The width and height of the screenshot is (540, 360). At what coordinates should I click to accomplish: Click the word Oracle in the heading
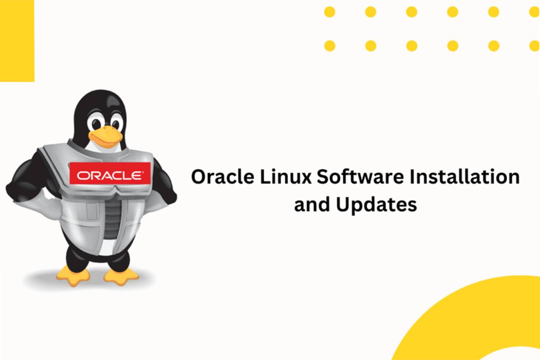[222, 177]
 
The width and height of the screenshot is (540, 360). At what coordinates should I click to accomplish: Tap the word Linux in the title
[286, 177]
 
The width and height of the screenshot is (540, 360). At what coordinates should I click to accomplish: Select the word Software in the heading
[360, 176]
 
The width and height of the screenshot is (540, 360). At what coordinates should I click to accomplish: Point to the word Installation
[464, 176]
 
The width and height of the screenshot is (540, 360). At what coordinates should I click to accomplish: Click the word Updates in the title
[377, 205]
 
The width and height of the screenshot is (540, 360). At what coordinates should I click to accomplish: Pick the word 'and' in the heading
[312, 204]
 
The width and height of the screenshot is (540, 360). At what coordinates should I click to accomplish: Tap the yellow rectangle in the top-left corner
[17, 41]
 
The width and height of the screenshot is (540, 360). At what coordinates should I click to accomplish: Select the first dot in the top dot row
[329, 12]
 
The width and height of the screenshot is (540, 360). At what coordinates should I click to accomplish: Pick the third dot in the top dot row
[411, 12]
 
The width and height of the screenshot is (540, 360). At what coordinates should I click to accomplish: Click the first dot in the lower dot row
[330, 46]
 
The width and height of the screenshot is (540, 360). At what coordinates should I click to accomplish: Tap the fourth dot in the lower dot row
[453, 46]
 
